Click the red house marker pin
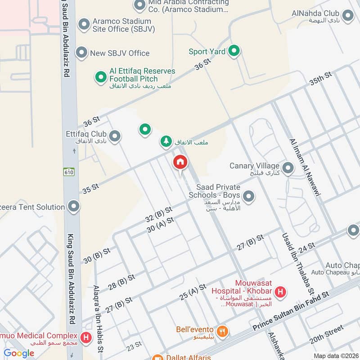180,162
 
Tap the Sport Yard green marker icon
233,51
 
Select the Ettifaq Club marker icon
115,135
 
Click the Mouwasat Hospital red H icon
280,292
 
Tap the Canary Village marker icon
288,168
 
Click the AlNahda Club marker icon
347,16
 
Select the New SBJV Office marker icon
81,53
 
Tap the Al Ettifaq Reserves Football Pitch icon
100,77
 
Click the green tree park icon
166,142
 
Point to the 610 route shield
68,171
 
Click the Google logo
19,353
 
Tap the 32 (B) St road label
159,214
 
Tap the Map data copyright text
335,355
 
